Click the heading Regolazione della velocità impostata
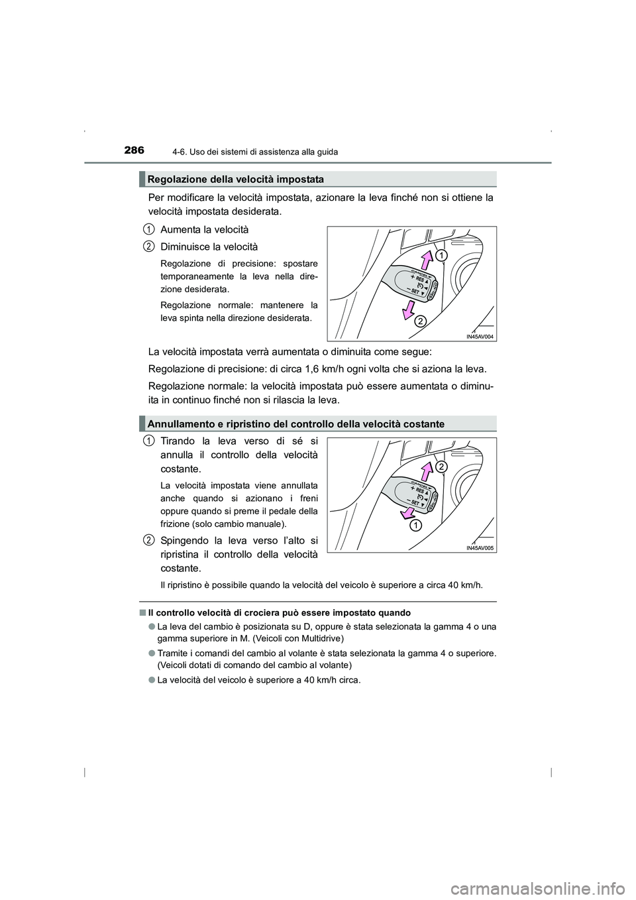(x=236, y=180)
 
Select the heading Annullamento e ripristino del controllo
(x=296, y=423)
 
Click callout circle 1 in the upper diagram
(x=442, y=255)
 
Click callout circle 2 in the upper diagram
(x=419, y=321)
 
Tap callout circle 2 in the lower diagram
(x=441, y=467)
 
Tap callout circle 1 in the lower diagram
(x=414, y=526)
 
